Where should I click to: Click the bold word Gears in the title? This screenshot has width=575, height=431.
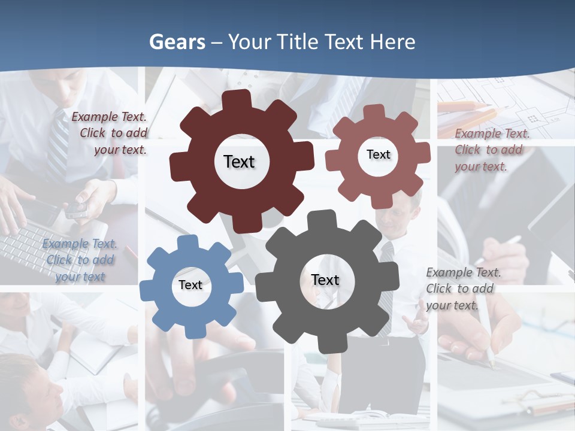click(177, 42)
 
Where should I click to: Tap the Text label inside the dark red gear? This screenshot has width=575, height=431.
click(239, 162)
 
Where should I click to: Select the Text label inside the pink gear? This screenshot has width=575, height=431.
click(378, 154)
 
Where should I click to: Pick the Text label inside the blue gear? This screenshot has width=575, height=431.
click(190, 285)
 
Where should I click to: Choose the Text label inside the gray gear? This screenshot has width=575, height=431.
click(325, 280)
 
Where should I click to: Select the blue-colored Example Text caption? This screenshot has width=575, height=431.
click(80, 260)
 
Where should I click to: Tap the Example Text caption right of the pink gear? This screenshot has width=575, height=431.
click(491, 150)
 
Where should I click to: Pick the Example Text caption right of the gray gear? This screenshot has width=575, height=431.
click(462, 289)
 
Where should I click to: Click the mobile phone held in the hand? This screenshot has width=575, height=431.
click(77, 208)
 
